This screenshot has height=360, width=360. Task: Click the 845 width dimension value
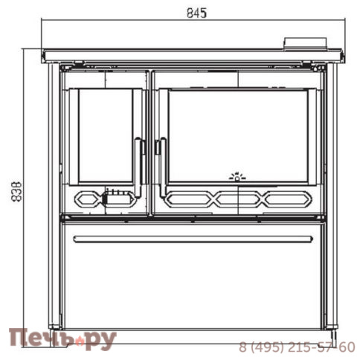[x=196, y=13]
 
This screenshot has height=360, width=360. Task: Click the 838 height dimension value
[x=17, y=192]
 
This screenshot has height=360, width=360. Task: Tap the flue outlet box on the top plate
[x=305, y=44]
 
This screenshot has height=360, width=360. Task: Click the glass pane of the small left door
[x=106, y=135]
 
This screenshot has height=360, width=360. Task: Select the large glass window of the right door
[x=238, y=136]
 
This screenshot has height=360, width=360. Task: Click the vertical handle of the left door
[x=138, y=167]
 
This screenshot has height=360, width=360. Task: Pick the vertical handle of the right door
[x=163, y=167]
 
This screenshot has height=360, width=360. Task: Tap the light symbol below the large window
[x=237, y=176]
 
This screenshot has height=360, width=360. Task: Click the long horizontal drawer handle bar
[x=193, y=239]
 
